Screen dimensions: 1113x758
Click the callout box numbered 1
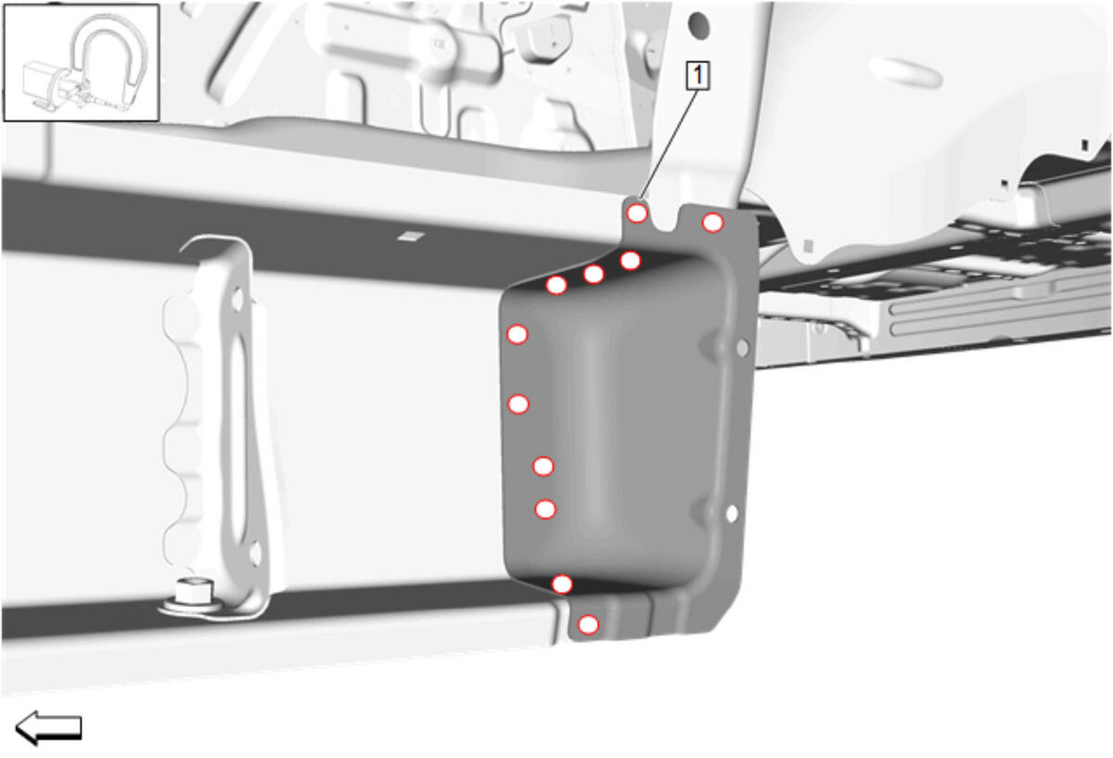[697, 75]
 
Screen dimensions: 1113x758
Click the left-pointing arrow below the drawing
[48, 728]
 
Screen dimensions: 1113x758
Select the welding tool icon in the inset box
[81, 62]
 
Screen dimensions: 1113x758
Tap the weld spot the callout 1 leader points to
[637, 213]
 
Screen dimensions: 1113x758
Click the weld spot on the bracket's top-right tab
[712, 224]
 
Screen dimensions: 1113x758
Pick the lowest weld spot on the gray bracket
[588, 624]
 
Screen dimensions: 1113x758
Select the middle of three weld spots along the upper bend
[594, 274]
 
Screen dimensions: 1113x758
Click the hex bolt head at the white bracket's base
[193, 591]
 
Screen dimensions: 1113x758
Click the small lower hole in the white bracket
[255, 554]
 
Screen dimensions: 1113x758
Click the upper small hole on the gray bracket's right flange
[742, 348]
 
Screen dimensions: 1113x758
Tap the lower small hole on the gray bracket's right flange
[732, 513]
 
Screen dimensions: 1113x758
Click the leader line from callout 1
[669, 145]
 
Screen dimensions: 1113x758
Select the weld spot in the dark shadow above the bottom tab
[562, 584]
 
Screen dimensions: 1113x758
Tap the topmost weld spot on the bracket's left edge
[517, 335]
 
